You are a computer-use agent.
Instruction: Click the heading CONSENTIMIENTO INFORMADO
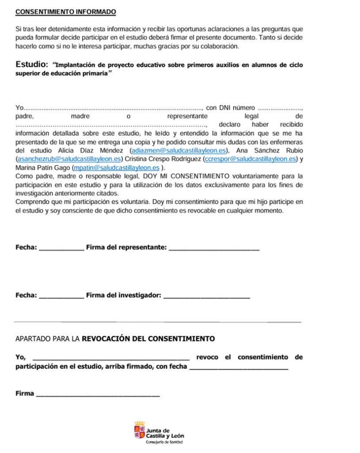point(65,11)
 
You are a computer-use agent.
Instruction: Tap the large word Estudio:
point(31,65)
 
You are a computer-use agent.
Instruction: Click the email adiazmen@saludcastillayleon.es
point(178,150)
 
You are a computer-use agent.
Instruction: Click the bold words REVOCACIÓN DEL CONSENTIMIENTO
point(149,339)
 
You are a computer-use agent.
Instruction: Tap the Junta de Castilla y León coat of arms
point(139,430)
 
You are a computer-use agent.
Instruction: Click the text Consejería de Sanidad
point(165,442)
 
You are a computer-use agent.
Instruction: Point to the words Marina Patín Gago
point(43,168)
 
